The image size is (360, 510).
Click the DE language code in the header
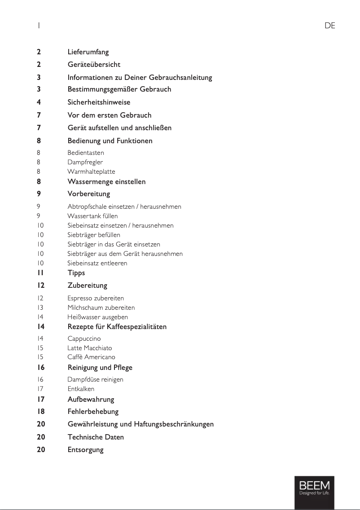pyautogui.click(x=329, y=26)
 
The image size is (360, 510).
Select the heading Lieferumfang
pyautogui.click(x=88, y=52)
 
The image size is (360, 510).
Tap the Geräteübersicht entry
pyautogui.click(x=94, y=65)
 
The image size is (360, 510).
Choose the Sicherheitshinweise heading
pyautogui.click(x=99, y=102)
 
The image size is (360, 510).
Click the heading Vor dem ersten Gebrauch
pyautogui.click(x=110, y=115)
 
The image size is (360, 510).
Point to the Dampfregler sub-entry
pyautogui.click(x=85, y=162)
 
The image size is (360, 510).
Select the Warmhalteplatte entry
pyautogui.click(x=91, y=171)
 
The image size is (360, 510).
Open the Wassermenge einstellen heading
pyautogui.click(x=106, y=182)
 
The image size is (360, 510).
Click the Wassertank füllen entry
pyautogui.click(x=92, y=216)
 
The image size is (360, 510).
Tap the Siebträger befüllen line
pyautogui.click(x=94, y=235)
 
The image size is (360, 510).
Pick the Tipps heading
pyautogui.click(x=76, y=273)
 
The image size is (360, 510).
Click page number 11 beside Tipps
pyautogui.click(x=40, y=273)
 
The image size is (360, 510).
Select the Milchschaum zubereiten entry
pyautogui.click(x=101, y=308)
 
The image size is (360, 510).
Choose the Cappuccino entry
pyautogui.click(x=84, y=339)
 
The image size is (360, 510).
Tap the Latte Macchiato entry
pyautogui.click(x=90, y=348)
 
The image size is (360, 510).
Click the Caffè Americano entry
pyautogui.click(x=91, y=357)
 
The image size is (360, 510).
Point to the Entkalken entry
pyautogui.click(x=81, y=389)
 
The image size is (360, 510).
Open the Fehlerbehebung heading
pyautogui.click(x=93, y=412)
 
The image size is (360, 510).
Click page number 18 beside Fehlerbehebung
pyautogui.click(x=41, y=412)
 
